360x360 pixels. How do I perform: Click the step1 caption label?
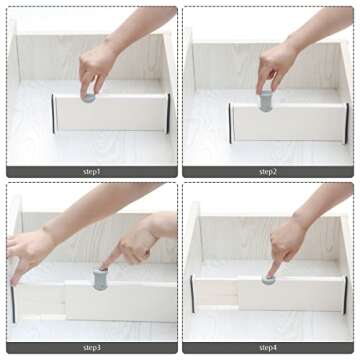[x=92, y=172]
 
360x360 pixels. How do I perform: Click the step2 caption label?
[x=268, y=172]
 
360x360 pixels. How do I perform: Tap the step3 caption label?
[x=92, y=348]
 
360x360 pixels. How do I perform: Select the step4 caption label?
[x=268, y=348]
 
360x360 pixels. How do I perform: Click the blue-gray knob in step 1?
[x=89, y=98]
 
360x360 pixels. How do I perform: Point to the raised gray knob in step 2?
[x=266, y=101]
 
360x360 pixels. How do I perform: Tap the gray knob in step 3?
[x=100, y=279]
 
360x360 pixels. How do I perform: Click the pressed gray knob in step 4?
[x=268, y=279]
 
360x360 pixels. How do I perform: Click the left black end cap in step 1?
[x=53, y=114]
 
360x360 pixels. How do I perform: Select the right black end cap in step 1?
[x=168, y=113]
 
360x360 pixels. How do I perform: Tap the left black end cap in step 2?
[x=230, y=123]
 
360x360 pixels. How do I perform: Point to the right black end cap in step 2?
[x=347, y=123]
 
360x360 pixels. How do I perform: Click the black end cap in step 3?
[x=13, y=304]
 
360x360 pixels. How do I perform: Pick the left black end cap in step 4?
[x=192, y=294]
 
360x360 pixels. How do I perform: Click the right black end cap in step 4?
[x=345, y=295]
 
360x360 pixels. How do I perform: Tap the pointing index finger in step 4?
[x=274, y=268]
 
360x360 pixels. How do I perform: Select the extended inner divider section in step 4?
[x=217, y=294]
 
